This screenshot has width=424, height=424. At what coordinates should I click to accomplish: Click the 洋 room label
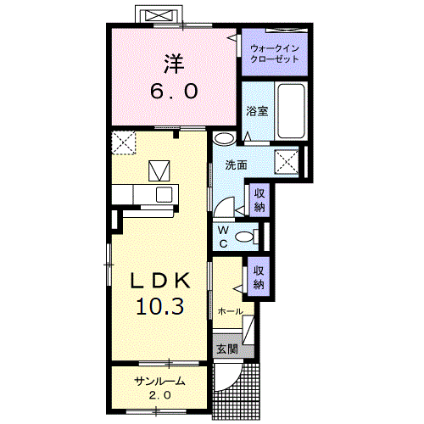pyautogui.click(x=174, y=64)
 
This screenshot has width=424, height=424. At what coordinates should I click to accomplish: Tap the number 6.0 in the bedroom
pyautogui.click(x=174, y=91)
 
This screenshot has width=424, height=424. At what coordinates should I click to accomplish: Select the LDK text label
pyautogui.click(x=160, y=281)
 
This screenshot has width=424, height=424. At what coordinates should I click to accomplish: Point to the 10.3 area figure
pyautogui.click(x=160, y=307)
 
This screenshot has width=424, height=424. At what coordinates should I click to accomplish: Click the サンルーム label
pyautogui.click(x=159, y=382)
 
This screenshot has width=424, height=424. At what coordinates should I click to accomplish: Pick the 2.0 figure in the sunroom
pyautogui.click(x=160, y=395)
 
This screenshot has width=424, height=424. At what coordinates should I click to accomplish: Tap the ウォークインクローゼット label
pyautogui.click(x=275, y=53)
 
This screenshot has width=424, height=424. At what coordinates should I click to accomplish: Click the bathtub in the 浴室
pyautogui.click(x=291, y=111)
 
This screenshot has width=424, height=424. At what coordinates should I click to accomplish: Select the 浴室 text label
pyautogui.click(x=257, y=111)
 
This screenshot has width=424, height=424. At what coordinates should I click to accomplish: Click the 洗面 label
pyautogui.click(x=236, y=165)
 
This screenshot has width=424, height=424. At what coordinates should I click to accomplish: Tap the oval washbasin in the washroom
pyautogui.click(x=225, y=138)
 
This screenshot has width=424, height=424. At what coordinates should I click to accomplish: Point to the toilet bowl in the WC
pyautogui.click(x=244, y=237)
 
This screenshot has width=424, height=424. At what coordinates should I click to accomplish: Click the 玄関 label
pyautogui.click(x=227, y=349)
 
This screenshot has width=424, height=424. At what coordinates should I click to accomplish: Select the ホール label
pyautogui.click(x=231, y=311)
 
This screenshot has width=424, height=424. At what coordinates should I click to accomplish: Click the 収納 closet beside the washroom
pyautogui.click(x=259, y=200)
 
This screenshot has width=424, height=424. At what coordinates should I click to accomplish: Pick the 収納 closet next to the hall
pyautogui.click(x=259, y=277)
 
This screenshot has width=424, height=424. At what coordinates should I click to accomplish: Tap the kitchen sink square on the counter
pyautogui.click(x=165, y=195)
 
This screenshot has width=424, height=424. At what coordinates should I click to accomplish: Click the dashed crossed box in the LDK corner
pyautogui.click(x=124, y=142)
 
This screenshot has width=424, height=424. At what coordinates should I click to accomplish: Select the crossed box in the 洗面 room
pyautogui.click(x=287, y=161)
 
